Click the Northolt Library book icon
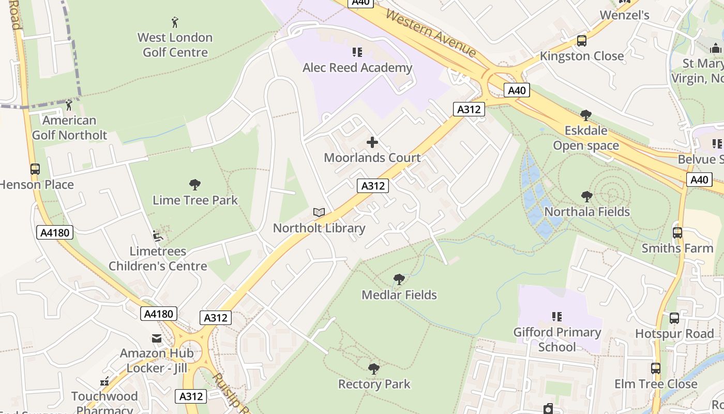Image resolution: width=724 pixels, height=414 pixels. click(x=319, y=213)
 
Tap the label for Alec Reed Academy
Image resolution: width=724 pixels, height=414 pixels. click(x=357, y=68)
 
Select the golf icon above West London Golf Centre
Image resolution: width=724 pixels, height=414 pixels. click(x=175, y=22)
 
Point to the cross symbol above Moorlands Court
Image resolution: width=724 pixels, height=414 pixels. click(x=372, y=142)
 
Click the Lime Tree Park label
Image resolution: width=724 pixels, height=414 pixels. click(x=195, y=200)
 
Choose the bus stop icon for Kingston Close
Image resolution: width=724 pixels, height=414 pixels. click(x=582, y=41)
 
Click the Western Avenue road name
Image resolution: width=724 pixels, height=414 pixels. click(x=430, y=33)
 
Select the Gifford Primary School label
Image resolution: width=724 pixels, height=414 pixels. click(x=557, y=339)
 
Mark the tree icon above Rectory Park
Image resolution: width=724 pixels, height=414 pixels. click(x=373, y=369)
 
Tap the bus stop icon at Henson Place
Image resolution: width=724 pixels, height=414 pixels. click(x=35, y=169)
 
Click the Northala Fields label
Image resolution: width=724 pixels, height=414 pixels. click(x=587, y=212)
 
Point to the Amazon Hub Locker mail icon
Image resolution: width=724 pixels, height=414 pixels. click(x=156, y=338)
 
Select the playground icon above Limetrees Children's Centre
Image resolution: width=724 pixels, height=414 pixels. click(x=158, y=236)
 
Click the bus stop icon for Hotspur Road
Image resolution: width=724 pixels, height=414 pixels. click(x=674, y=318)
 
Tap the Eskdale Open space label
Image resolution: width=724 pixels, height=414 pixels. click(x=586, y=138)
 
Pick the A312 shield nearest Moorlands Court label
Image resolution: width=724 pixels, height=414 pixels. click(x=372, y=186)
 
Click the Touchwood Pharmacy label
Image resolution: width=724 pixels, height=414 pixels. click(x=104, y=403)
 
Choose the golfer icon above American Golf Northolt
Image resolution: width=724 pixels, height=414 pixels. click(x=69, y=106)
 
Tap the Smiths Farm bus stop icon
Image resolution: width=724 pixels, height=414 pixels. click(x=677, y=233)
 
